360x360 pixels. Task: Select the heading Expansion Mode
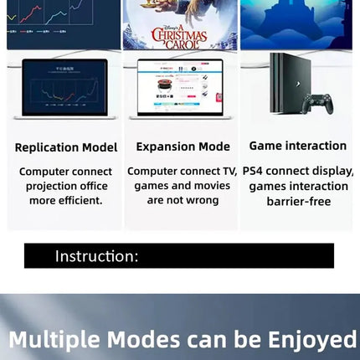183,147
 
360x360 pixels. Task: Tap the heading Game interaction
298,146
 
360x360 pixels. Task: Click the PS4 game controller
318,102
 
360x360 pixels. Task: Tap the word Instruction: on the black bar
97,256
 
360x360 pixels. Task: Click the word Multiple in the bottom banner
54,340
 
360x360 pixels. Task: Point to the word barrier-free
298,201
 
